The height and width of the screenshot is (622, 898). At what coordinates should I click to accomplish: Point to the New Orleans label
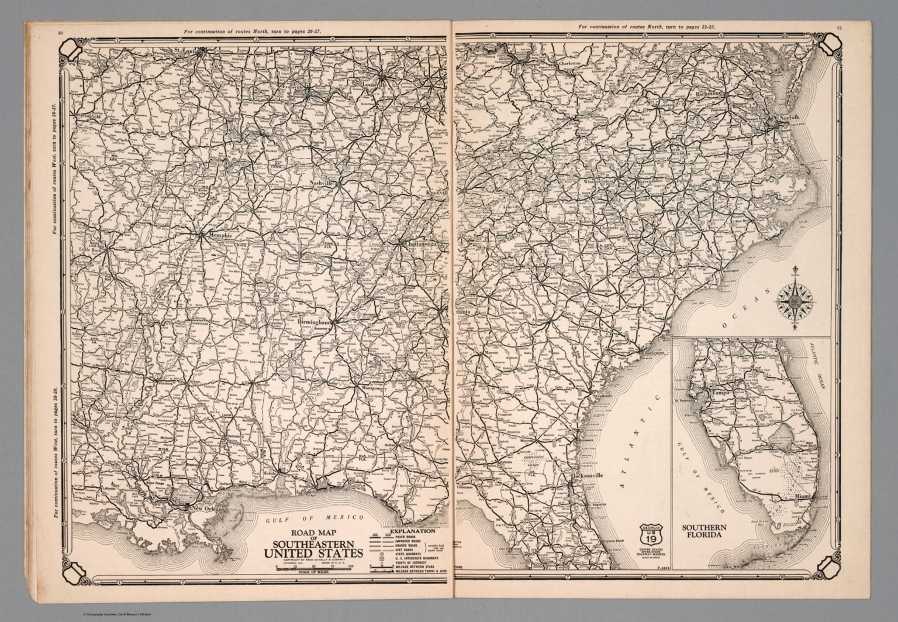pyautogui.click(x=208, y=508)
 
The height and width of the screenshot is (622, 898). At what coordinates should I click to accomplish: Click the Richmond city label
pyautogui.click(x=709, y=94)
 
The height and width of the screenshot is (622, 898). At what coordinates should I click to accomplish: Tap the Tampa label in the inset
pyautogui.click(x=721, y=393)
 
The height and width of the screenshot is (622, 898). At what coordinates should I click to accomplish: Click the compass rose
pyautogui.click(x=795, y=301)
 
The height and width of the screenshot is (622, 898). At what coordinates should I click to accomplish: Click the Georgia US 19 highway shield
pyautogui.click(x=651, y=535)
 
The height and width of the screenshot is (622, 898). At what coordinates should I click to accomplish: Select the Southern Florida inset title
pyautogui.click(x=704, y=531)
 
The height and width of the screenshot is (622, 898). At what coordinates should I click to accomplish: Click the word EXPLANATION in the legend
pyautogui.click(x=409, y=531)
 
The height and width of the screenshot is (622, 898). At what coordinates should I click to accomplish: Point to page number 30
pyautogui.click(x=60, y=33)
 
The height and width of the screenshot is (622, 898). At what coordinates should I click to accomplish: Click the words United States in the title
pyautogui.click(x=313, y=554)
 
